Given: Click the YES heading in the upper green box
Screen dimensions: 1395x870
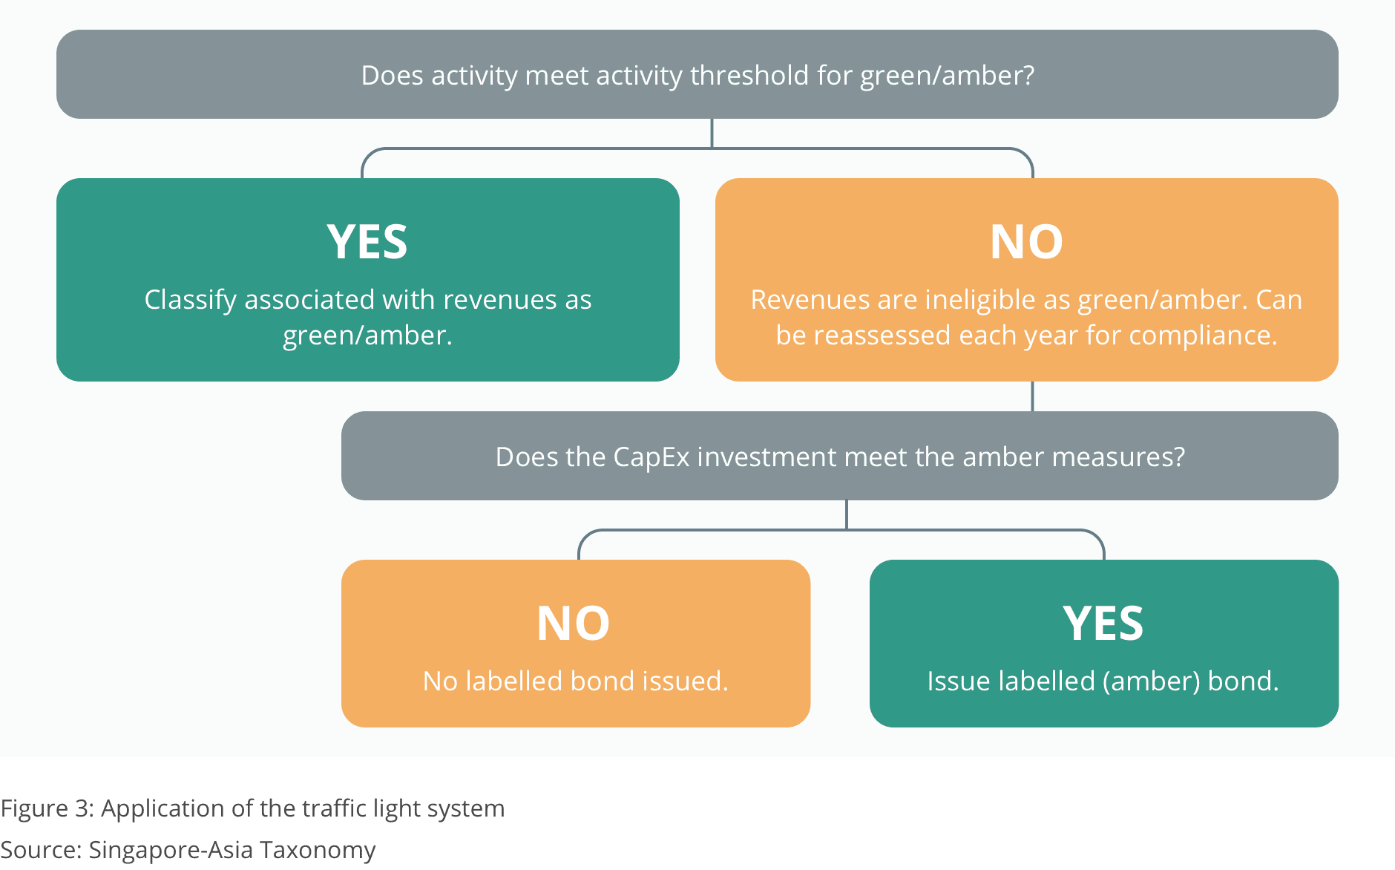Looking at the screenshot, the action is (x=367, y=242).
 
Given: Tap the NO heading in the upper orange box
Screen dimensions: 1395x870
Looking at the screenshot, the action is (x=1026, y=242).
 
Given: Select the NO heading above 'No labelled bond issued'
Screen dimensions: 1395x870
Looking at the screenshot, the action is (x=574, y=624).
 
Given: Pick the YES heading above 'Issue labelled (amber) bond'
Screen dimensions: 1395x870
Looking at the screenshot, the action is (x=1103, y=624).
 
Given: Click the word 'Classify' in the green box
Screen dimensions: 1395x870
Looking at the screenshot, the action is (x=191, y=300).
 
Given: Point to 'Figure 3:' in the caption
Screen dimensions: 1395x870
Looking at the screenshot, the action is (x=47, y=808).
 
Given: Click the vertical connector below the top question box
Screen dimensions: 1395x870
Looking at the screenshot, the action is (x=712, y=134).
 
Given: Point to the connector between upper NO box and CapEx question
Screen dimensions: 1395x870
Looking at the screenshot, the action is (x=1032, y=396).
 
